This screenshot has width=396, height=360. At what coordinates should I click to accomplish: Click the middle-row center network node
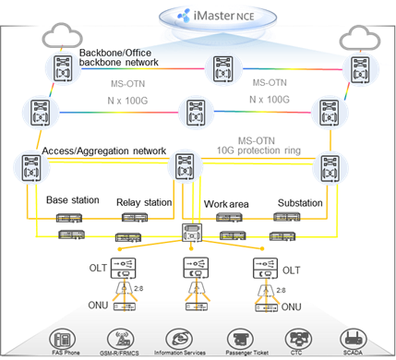[x=195, y=113]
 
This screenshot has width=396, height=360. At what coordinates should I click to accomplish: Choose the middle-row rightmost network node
[x=329, y=113]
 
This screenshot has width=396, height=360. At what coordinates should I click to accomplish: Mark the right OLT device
[x=262, y=269]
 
